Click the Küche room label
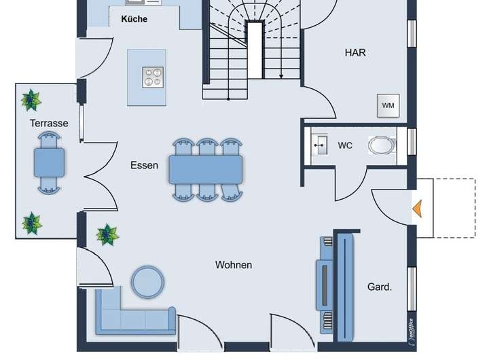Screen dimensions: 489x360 (x=134, y=19)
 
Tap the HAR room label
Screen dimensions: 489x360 (x=355, y=52)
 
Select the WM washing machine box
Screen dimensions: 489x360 (x=388, y=105)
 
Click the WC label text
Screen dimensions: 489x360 (x=345, y=145)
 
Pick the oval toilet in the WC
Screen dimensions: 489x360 (x=382, y=145)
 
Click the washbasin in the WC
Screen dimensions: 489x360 (x=319, y=145)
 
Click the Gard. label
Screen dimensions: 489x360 (x=380, y=287)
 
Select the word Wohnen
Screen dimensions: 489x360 (x=234, y=265)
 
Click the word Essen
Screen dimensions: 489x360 (x=145, y=165)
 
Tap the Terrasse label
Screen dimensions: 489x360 (x=49, y=123)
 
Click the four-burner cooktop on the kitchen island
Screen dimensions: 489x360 (x=153, y=77)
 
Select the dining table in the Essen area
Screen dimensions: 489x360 (x=206, y=169)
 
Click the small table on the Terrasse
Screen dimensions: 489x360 (x=50, y=162)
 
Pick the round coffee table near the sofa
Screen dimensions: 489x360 (x=146, y=281)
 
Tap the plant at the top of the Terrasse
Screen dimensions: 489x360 (x=31, y=100)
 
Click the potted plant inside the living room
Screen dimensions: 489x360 (x=107, y=235)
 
